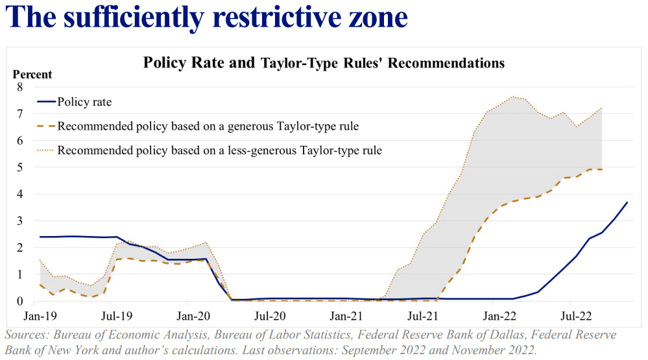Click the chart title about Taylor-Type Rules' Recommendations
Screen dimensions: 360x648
[x=324, y=63]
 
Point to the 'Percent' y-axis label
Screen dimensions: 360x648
[x=32, y=75]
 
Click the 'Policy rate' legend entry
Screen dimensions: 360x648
[x=84, y=102]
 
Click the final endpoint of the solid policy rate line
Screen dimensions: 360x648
[x=627, y=202]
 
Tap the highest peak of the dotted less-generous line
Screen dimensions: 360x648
[x=512, y=97]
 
